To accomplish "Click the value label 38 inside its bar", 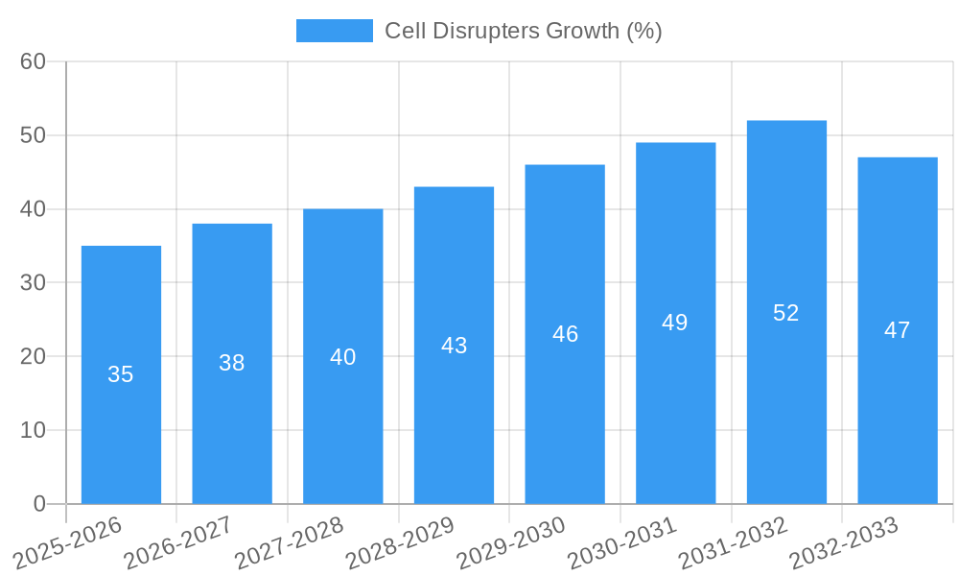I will click(x=231, y=363).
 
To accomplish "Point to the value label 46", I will click(x=565, y=334).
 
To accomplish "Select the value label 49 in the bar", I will click(x=674, y=323).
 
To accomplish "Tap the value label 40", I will click(x=342, y=357).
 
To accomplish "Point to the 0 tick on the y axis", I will click(x=39, y=504).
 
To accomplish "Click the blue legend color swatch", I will click(x=334, y=31).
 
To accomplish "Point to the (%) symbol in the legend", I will click(x=643, y=31).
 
